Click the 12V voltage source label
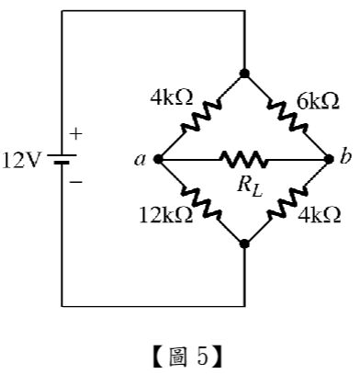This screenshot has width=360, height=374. point(21,161)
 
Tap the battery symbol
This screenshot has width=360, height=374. point(62,159)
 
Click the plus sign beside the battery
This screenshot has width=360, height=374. point(76,134)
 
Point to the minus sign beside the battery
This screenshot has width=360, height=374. point(76,182)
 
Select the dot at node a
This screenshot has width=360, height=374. point(158,159)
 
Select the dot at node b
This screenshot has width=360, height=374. point(329,159)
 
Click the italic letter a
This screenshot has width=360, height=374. point(140,160)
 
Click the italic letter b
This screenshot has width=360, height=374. point(345,158)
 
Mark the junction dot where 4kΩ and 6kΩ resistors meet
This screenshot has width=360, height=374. point(244,74)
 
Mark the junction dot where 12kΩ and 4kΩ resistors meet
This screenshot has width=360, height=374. point(244,244)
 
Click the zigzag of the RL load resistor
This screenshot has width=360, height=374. point(243,159)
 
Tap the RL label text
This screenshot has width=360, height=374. point(250,187)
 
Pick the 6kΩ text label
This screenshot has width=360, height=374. point(318,102)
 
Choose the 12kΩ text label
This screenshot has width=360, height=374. point(166,215)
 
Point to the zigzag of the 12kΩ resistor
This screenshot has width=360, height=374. point(201,202)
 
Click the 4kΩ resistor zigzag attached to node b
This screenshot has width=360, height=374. point(287,202)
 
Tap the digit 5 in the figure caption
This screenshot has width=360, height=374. point(203,357)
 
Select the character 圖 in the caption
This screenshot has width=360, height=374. point(177,357)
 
